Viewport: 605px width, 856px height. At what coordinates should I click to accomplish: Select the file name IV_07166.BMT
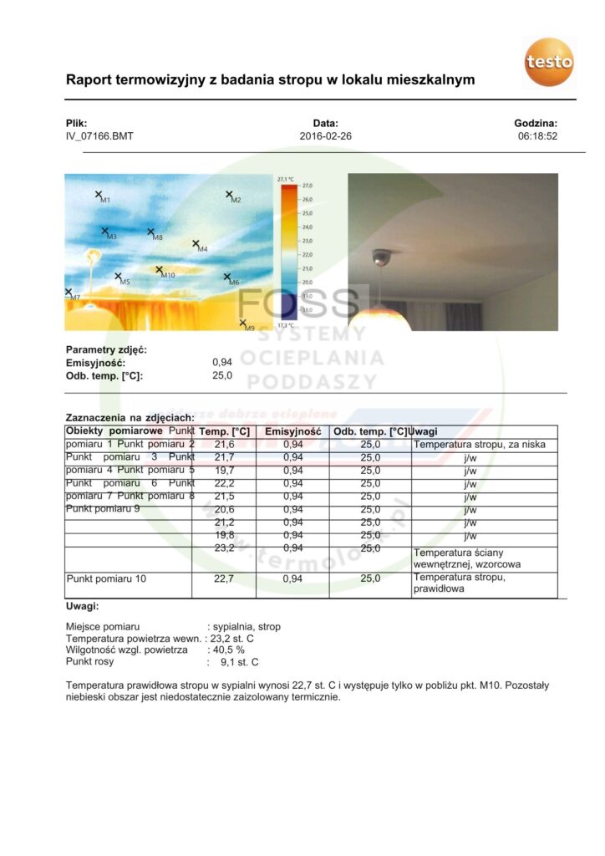click(99, 136)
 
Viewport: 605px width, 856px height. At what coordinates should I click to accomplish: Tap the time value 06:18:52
click(537, 136)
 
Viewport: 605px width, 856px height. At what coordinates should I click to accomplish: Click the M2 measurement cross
click(229, 195)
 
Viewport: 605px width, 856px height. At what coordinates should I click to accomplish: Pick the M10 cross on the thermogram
click(160, 270)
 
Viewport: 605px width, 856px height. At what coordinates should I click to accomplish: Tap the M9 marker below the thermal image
click(242, 323)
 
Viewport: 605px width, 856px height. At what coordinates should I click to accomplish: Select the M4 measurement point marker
click(196, 244)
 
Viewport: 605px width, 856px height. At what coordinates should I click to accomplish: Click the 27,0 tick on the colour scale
click(306, 186)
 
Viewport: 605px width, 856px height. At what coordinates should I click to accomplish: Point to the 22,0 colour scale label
click(306, 254)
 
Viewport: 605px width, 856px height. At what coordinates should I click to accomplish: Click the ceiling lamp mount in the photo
click(381, 256)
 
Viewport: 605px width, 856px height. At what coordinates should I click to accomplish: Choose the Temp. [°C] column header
click(224, 431)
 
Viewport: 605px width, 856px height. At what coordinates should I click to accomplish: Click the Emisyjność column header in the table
click(292, 431)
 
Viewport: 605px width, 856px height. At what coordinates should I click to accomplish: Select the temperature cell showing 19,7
click(224, 471)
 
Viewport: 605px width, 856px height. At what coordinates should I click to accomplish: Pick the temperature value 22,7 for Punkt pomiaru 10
click(224, 578)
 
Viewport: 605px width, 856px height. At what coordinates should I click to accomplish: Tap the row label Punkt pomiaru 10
click(106, 578)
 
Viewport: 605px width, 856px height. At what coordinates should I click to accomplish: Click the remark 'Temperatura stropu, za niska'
click(480, 445)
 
